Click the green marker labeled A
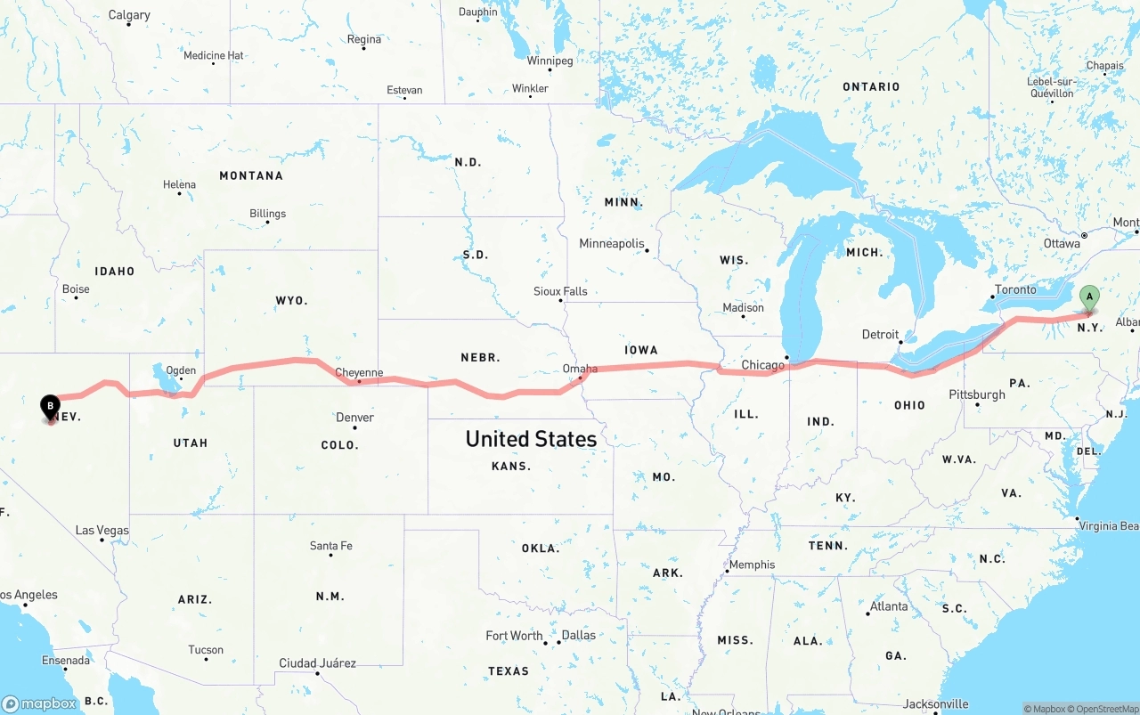tap(1088, 299)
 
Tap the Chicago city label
tap(763, 365)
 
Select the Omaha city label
tap(580, 369)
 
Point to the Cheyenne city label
tap(359, 373)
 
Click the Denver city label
tap(354, 418)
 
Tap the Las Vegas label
tap(102, 531)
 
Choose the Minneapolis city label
tap(611, 244)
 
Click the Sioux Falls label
tap(560, 291)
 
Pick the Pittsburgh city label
tap(977, 394)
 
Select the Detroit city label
tap(880, 335)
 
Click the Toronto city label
tap(1015, 290)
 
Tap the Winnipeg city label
tap(550, 61)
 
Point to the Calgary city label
tap(129, 15)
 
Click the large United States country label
tap(531, 439)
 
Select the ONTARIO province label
tap(871, 86)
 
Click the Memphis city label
tap(752, 565)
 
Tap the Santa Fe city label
tap(330, 546)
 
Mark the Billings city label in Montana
tap(267, 214)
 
